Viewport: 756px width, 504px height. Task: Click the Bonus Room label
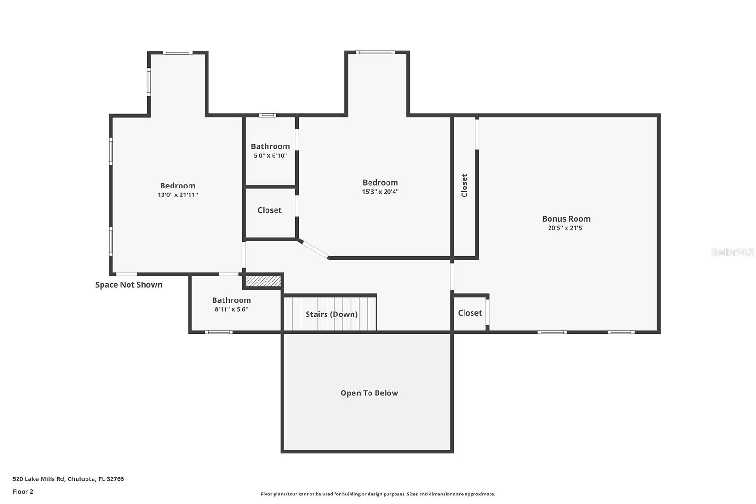point(566,219)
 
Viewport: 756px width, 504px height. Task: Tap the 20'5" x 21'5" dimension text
point(566,228)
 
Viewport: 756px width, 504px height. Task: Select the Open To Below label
point(369,393)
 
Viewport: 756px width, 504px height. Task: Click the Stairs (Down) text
point(331,314)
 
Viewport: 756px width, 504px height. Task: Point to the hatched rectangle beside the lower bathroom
point(263,281)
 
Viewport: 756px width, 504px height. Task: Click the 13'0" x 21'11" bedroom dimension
point(178,195)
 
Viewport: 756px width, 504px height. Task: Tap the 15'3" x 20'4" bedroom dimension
point(380,192)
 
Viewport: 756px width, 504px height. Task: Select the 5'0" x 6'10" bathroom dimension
point(270,155)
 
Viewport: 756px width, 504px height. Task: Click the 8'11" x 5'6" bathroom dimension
point(231,309)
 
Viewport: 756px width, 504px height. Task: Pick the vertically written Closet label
point(464,186)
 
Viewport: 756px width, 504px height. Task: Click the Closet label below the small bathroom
point(269,210)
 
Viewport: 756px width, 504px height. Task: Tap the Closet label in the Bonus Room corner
point(470,313)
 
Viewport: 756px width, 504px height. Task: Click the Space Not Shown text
point(129,285)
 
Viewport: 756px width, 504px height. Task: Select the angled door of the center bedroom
point(315,249)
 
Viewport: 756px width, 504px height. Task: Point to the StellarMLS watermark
point(732,252)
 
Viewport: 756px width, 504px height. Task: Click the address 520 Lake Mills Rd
point(68,479)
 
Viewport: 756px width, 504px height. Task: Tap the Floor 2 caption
point(23,492)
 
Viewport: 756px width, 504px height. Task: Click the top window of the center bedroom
point(375,52)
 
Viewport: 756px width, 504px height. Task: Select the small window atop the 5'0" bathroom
point(267,115)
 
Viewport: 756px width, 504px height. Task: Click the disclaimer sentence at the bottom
point(378,494)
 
